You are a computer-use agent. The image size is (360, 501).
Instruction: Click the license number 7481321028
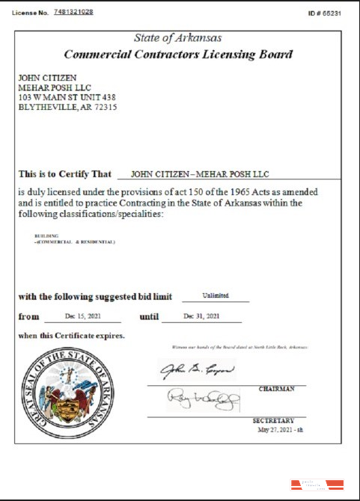73,13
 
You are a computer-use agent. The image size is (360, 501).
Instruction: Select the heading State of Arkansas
177,38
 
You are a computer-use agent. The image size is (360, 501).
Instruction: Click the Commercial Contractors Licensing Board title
178,54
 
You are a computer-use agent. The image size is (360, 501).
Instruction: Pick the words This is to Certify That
64,173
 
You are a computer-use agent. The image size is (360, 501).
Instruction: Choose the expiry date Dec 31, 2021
201,316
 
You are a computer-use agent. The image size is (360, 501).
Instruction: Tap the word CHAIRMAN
276,389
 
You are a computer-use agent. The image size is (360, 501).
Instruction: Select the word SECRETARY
274,420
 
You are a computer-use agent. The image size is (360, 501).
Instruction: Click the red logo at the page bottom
317,484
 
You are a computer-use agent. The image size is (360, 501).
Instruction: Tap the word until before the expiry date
150,317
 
